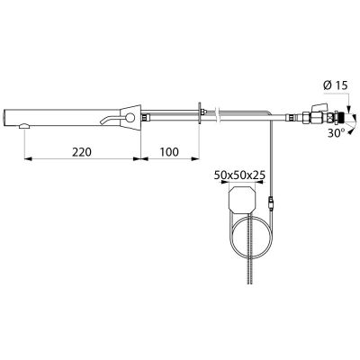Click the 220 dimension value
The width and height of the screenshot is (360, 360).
click(x=82, y=152)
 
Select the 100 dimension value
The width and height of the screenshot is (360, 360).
click(x=169, y=152)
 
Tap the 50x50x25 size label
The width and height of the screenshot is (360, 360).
click(x=239, y=175)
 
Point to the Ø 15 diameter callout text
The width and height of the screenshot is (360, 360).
click(x=336, y=85)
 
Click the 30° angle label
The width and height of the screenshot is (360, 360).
click(x=336, y=133)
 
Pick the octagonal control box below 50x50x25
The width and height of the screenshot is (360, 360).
click(x=242, y=199)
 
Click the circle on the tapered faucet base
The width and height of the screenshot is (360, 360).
click(x=130, y=118)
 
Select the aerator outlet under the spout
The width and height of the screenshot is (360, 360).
click(x=24, y=127)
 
